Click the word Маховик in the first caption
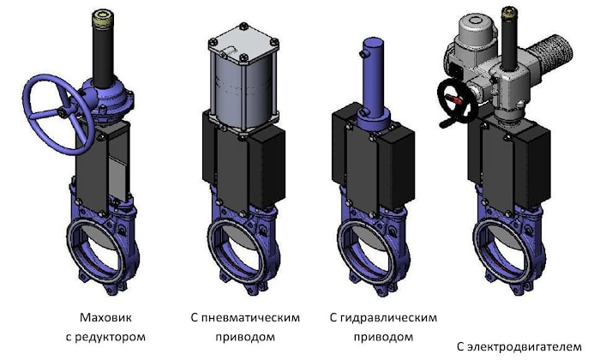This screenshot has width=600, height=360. pos(105,317)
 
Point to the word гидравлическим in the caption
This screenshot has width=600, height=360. pos(388,317)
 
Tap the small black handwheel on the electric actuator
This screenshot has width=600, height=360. pos(444,100)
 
